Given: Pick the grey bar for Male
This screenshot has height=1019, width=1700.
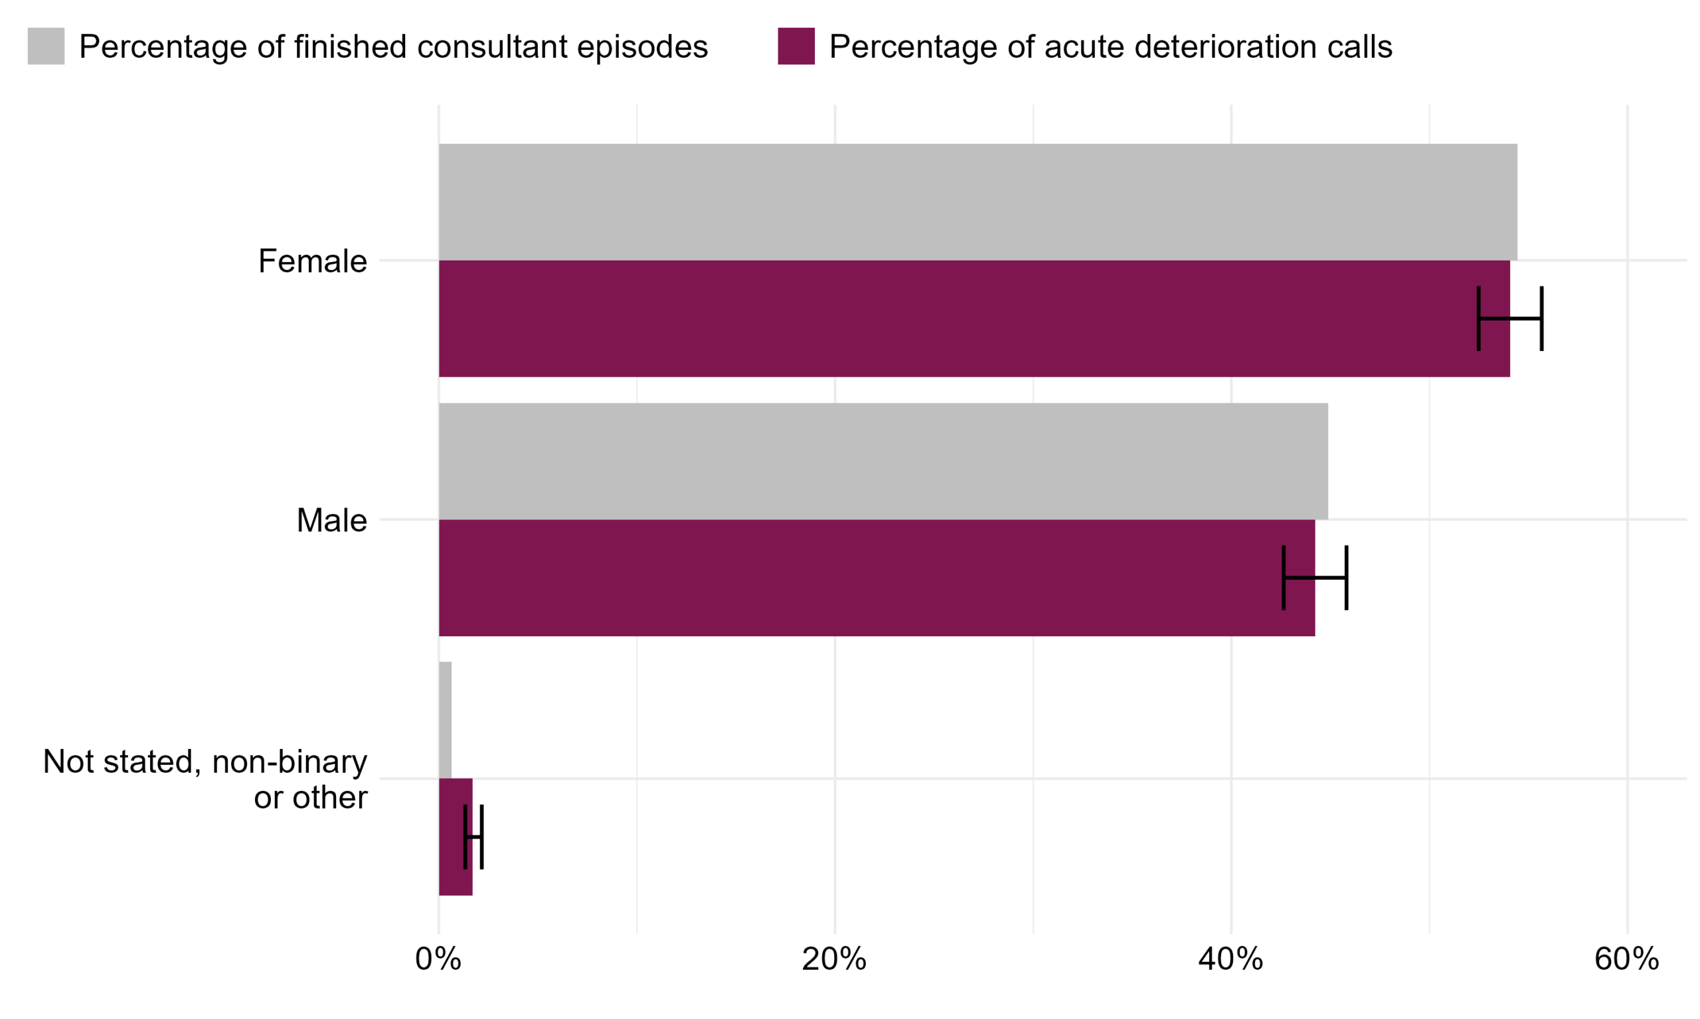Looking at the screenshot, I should pos(883,461).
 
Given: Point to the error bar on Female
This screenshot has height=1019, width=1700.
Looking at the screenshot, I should pos(1510,318).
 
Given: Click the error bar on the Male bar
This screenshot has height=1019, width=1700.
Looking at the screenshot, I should pos(1314,577).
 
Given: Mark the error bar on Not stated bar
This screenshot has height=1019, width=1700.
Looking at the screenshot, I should pos(474,837).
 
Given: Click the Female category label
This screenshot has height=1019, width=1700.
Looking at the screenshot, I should pos(313,261).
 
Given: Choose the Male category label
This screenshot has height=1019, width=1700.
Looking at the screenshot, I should pos(331,521).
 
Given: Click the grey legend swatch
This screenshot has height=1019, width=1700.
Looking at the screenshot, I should pos(46,46).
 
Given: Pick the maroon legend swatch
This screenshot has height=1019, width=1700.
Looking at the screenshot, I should pos(796,46).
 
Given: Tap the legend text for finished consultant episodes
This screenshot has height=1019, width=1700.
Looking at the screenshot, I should pos(393,46).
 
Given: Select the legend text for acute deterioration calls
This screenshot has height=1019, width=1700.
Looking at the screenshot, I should pos(1110,46).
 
